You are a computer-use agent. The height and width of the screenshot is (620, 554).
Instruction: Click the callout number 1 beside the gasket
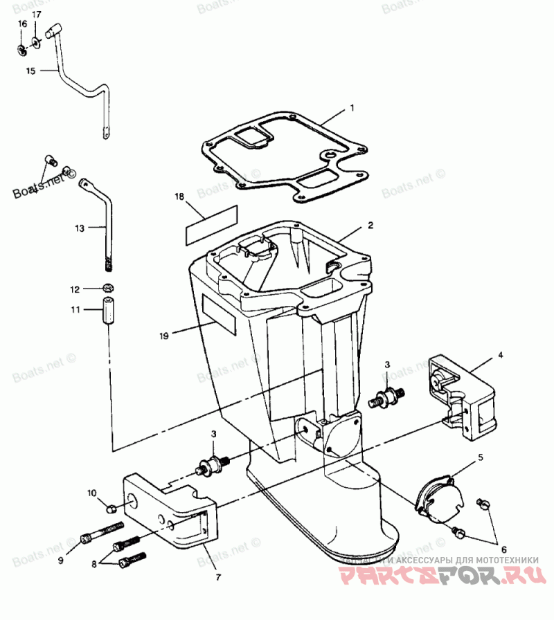pyautogui.click(x=352, y=108)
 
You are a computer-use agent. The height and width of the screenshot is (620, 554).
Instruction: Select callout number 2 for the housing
pyautogui.click(x=370, y=226)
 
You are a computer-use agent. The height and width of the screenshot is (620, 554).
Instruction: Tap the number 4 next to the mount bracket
pyautogui.click(x=501, y=355)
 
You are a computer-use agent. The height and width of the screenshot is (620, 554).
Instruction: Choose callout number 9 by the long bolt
pyautogui.click(x=60, y=560)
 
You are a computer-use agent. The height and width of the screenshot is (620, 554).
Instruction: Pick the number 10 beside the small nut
pyautogui.click(x=91, y=493)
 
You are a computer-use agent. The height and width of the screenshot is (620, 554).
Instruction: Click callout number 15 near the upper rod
pyautogui.click(x=30, y=71)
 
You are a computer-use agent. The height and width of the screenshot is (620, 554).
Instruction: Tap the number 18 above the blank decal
pyautogui.click(x=179, y=197)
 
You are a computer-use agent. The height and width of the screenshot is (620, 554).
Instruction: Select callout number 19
pyautogui.click(x=163, y=336)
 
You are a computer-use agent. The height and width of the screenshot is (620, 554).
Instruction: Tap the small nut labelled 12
pyautogui.click(x=109, y=287)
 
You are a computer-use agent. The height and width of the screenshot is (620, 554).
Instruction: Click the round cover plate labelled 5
pyautogui.click(x=439, y=498)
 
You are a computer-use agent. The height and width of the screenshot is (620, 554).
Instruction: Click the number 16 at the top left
pyautogui.click(x=22, y=24)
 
